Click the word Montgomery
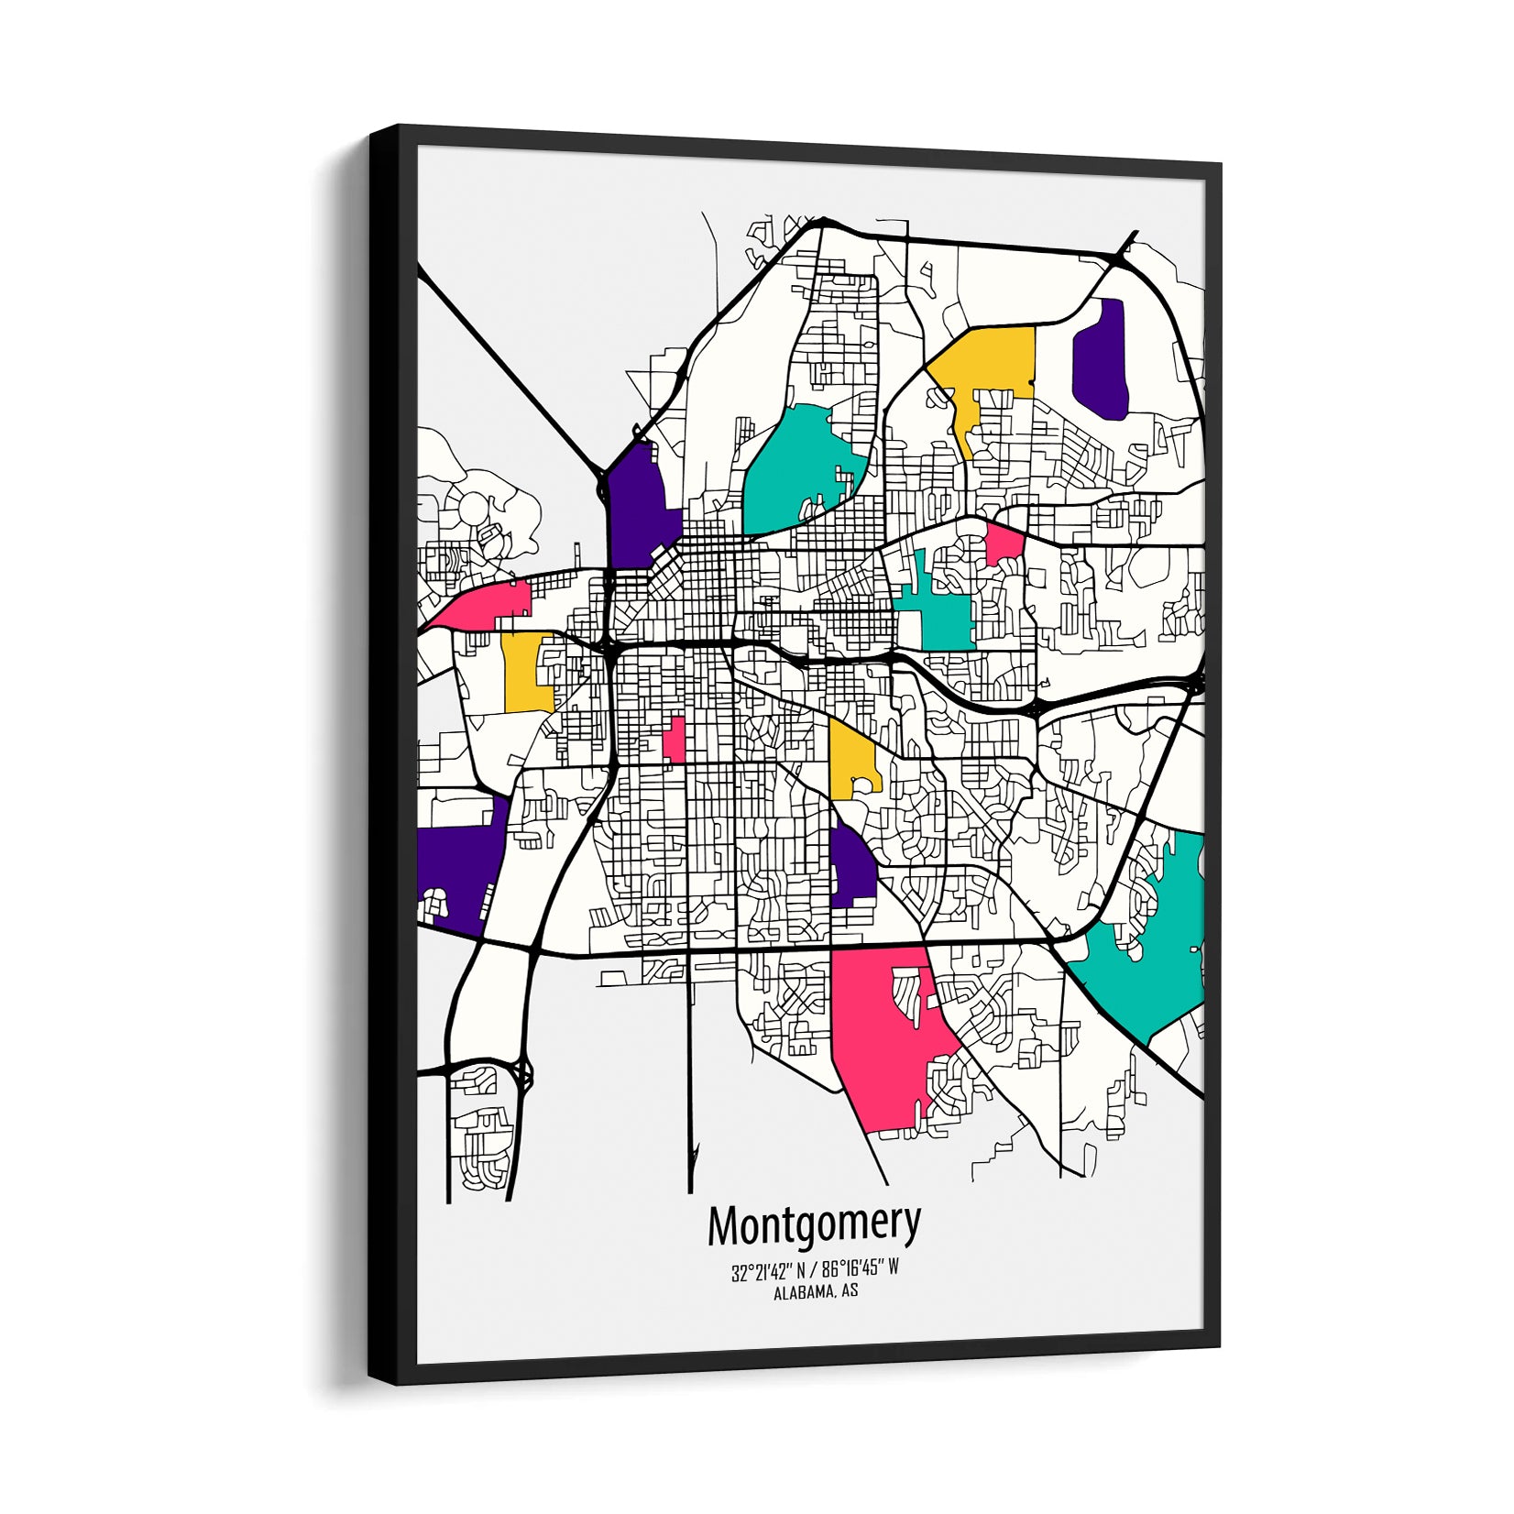[814, 1225]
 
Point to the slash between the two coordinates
[813, 1271]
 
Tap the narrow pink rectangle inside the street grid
[675, 739]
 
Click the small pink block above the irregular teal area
[1004, 543]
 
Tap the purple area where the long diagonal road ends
[638, 504]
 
